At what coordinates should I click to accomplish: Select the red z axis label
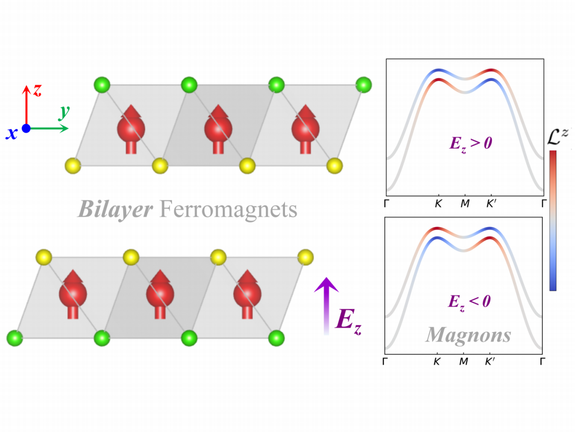pyautogui.click(x=38, y=90)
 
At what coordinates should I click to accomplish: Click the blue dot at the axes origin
pyautogui.click(x=26, y=129)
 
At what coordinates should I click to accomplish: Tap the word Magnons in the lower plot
pyautogui.click(x=468, y=334)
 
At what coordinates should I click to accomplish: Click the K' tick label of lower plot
pyautogui.click(x=491, y=362)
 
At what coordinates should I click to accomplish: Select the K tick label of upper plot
pyautogui.click(x=438, y=204)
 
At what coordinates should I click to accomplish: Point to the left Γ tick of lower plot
pyautogui.click(x=386, y=362)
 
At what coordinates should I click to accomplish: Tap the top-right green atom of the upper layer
pyautogui.click(x=364, y=84)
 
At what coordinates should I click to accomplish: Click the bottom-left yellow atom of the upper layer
pyautogui.click(x=73, y=166)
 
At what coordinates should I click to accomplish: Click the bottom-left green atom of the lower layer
pyautogui.click(x=15, y=338)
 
